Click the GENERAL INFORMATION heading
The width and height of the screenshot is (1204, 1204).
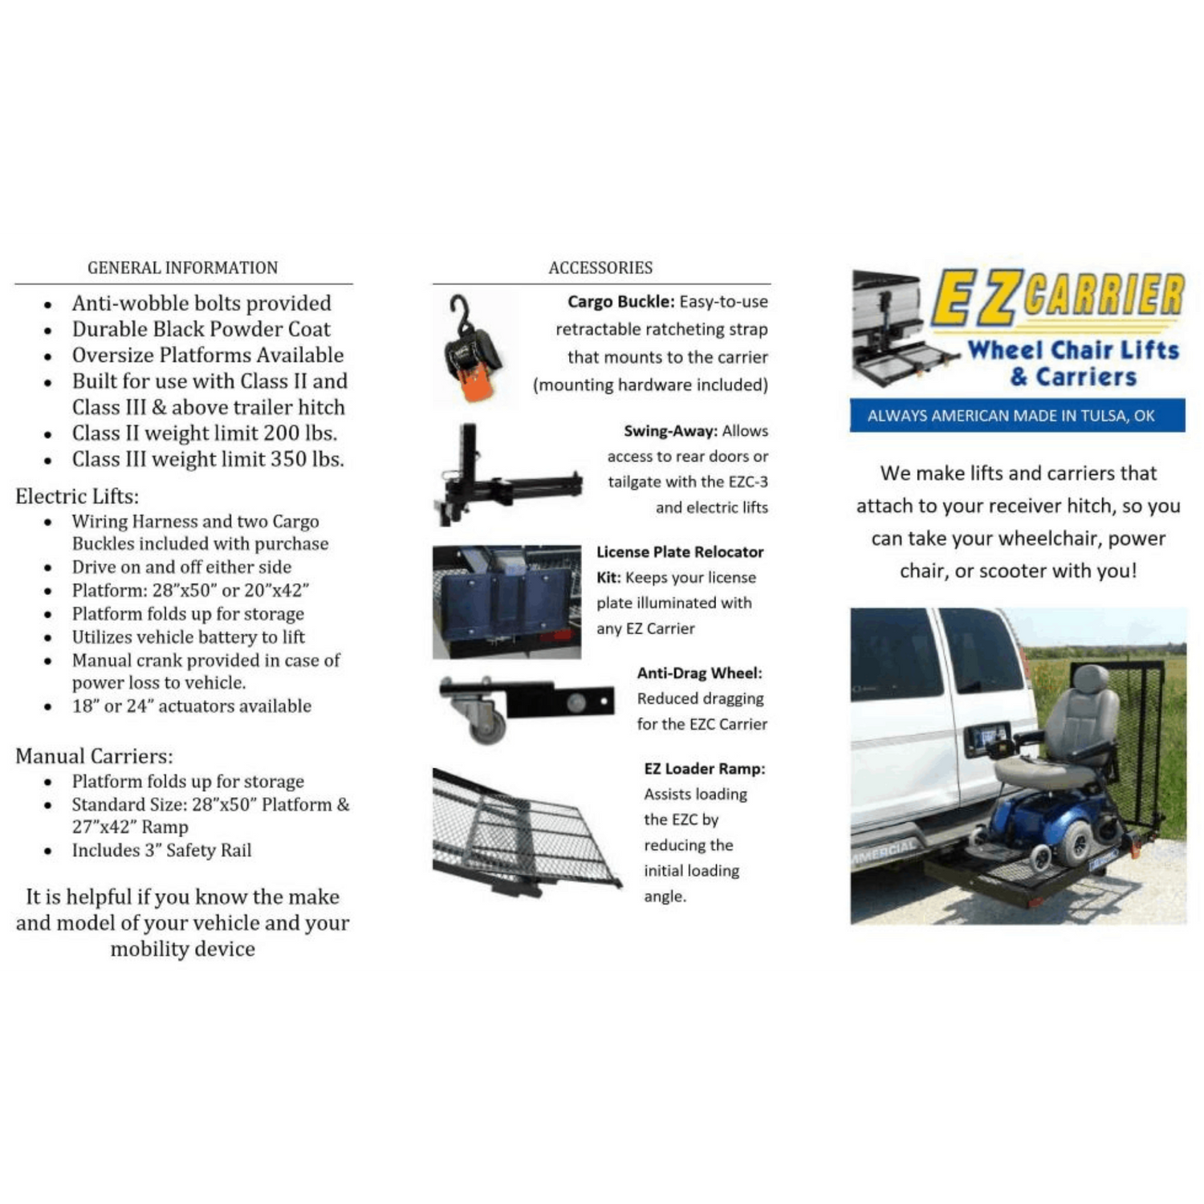[182, 267]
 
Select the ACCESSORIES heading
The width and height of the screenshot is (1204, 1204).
[600, 267]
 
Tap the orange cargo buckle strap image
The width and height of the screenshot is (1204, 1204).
[474, 351]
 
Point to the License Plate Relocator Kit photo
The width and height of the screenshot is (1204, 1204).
[506, 602]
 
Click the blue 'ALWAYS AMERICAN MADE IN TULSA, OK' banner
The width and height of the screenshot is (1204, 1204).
[1017, 415]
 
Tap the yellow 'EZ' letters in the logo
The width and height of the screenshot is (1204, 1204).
[977, 297]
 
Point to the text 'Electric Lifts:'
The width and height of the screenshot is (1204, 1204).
[77, 496]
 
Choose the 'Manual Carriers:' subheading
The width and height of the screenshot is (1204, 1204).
[94, 756]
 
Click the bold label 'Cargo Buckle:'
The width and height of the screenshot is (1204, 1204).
[620, 302]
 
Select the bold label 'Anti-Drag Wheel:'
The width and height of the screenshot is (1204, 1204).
[699, 673]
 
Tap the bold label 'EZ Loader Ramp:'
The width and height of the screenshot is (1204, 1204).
[704, 768]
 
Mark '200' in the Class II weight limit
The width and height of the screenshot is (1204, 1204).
[282, 433]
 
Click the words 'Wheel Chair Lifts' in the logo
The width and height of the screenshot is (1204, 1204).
[1073, 350]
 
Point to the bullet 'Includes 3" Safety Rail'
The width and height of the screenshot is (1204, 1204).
[161, 850]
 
